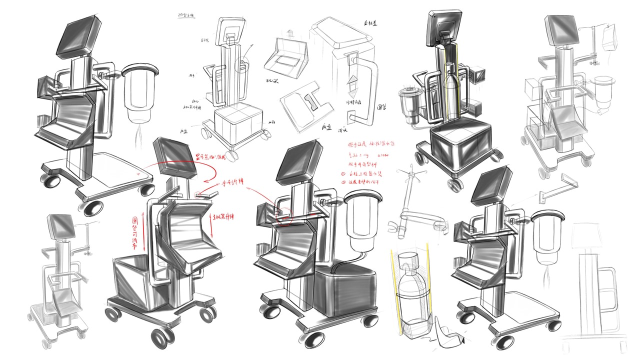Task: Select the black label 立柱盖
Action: click(368, 23)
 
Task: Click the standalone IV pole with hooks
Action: click(416, 200)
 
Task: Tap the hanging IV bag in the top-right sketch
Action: click(609, 37)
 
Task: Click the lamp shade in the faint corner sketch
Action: click(586, 234)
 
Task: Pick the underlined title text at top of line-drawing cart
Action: click(186, 15)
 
